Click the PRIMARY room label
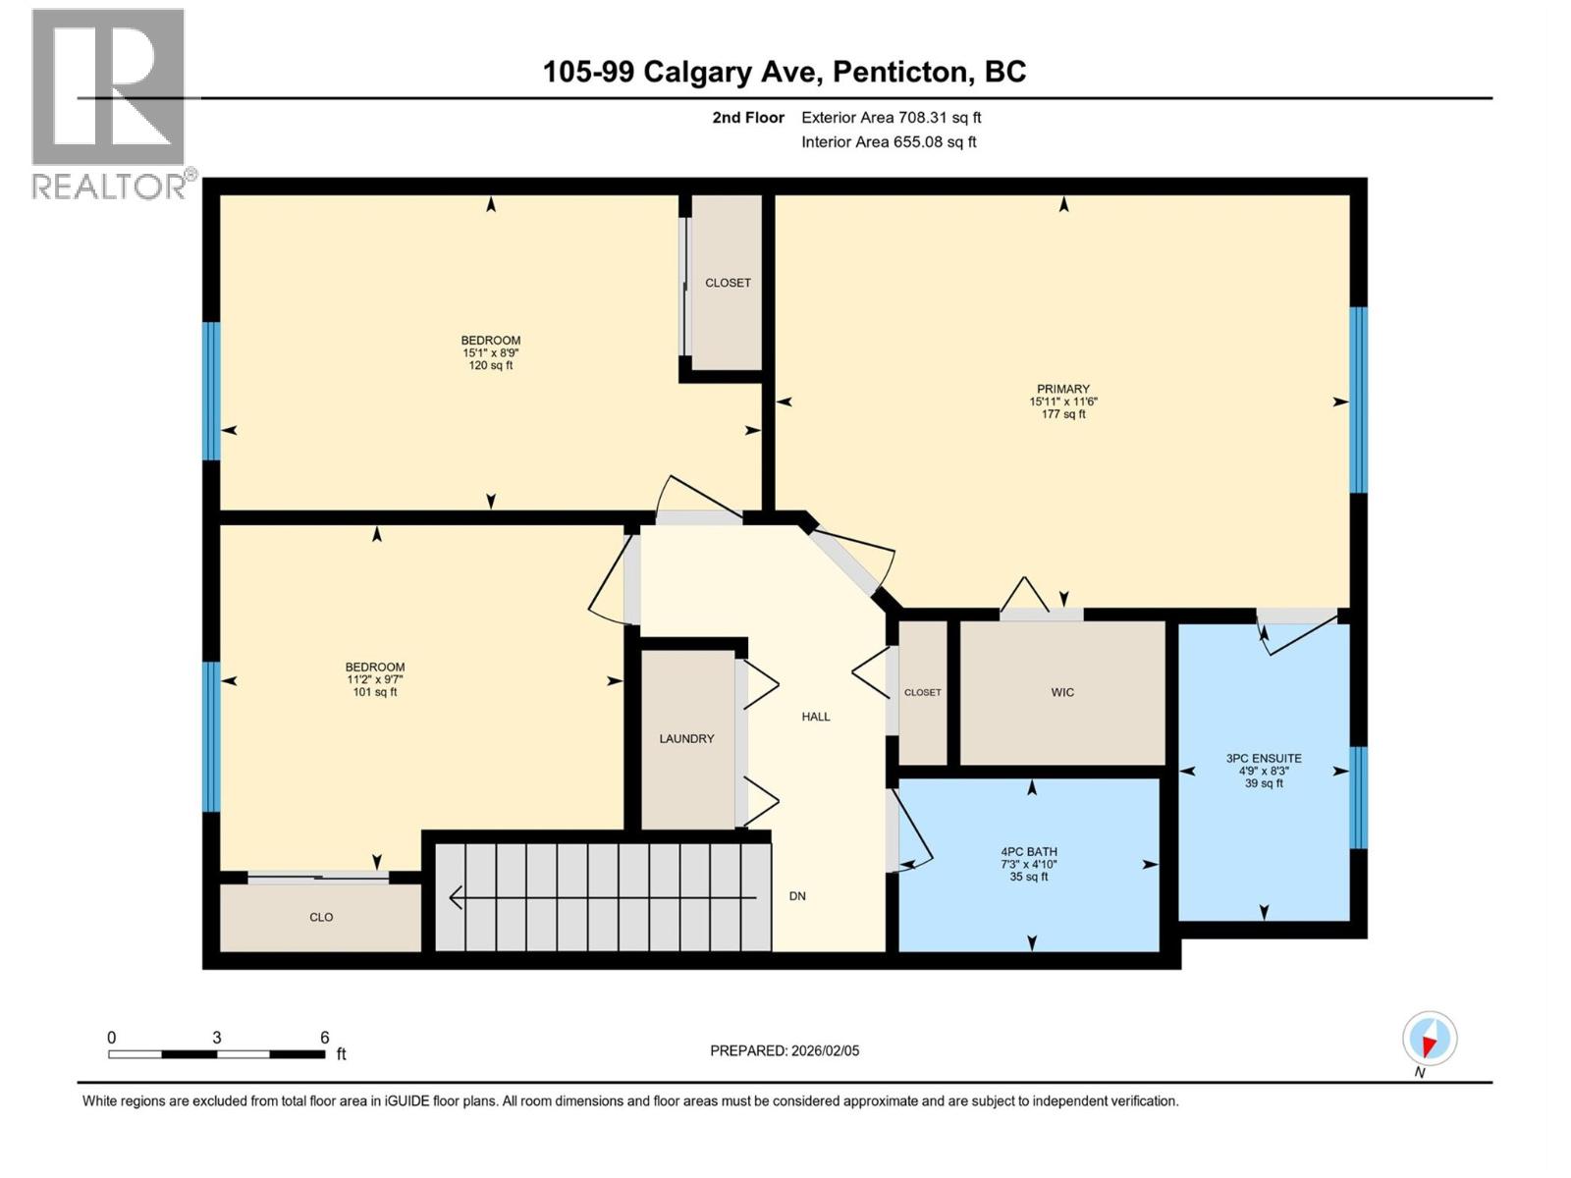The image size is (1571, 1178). [x=1062, y=389]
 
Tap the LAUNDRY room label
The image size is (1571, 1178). [x=686, y=738]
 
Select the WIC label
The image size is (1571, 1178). [x=1062, y=692]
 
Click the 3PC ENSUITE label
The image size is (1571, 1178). [x=1264, y=758]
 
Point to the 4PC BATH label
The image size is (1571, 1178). [x=1029, y=852]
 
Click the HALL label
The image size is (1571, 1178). [x=816, y=717]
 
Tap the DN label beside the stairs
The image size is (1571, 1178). [x=797, y=896]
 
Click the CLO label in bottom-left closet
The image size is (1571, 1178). [x=321, y=917]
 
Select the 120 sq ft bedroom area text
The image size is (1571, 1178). [x=491, y=365]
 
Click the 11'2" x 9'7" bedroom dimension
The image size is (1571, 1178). [x=375, y=679]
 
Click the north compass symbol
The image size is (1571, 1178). [x=1430, y=1039]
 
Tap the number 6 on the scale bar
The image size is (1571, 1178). [x=324, y=1038]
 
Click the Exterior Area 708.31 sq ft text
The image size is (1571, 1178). [x=891, y=118]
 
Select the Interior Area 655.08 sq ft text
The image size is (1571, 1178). [x=889, y=141]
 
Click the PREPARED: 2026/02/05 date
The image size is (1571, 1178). [x=785, y=1050]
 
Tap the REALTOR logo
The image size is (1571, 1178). [x=108, y=103]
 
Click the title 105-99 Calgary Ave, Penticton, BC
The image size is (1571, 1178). [x=785, y=72]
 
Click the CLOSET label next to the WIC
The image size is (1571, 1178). [x=922, y=692]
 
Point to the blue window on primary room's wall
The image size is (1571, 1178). [x=1358, y=400]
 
